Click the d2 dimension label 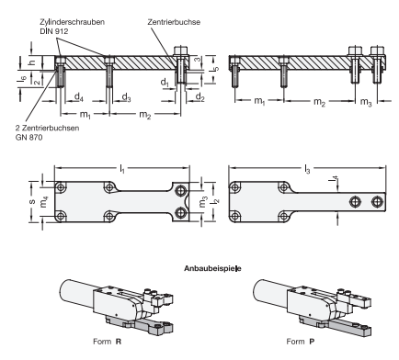point(199,96)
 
